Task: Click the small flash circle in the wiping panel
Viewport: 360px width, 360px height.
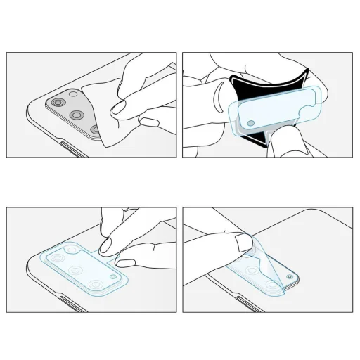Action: pos(73,94)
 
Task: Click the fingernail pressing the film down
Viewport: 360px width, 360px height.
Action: pos(108,243)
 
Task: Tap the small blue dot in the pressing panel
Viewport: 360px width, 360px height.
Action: pos(114,279)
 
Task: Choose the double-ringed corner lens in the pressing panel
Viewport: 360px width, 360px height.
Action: pos(96,284)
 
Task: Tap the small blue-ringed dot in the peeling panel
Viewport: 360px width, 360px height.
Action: pos(292,278)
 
